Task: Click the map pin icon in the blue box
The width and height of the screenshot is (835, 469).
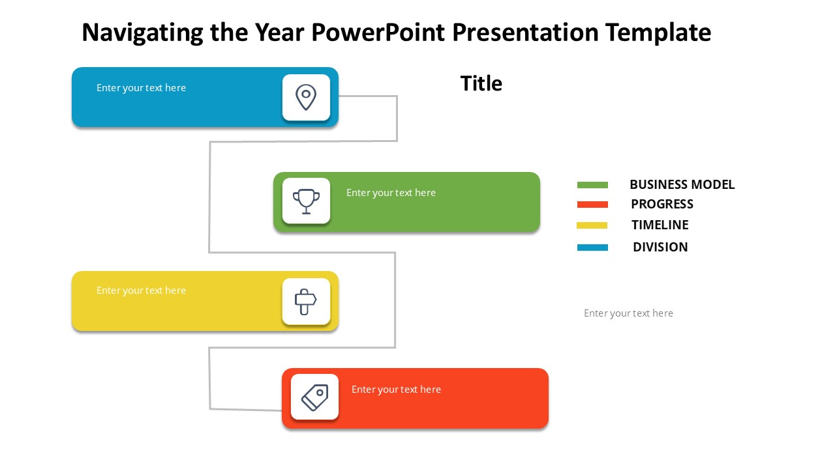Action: coord(306,97)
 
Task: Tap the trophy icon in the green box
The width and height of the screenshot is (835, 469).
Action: coord(306,201)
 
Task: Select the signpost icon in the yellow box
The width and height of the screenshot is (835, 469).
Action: coord(306,301)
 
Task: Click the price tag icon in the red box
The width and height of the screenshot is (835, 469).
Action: coord(314,397)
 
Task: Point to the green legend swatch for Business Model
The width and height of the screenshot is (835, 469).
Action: coord(592,185)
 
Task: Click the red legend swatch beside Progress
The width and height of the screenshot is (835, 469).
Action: coord(592,205)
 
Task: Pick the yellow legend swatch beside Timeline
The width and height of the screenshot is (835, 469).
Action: coord(592,225)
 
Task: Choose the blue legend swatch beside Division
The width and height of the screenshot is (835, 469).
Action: coord(592,248)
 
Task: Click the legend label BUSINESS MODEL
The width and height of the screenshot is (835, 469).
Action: coord(682,185)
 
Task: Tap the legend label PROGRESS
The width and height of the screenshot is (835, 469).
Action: coord(661,205)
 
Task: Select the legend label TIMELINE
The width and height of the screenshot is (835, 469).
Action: coord(660,225)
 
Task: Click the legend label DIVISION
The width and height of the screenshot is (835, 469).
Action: coord(660,248)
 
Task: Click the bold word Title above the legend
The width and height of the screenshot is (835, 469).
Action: coord(481,83)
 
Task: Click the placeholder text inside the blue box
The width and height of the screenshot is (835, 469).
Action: coord(141,88)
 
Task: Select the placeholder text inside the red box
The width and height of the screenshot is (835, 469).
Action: coord(396,390)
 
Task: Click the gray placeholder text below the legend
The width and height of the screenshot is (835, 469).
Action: coord(628,313)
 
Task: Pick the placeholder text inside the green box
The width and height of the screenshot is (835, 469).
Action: coord(391,193)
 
